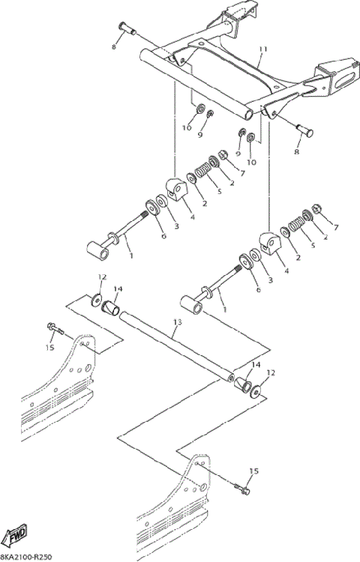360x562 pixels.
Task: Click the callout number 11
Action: point(262,50)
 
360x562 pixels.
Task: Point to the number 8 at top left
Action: point(115,46)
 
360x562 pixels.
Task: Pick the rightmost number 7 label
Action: point(336,226)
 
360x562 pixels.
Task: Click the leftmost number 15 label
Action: point(49,347)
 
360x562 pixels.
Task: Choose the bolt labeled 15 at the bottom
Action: point(241,491)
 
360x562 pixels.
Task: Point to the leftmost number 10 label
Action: point(187,128)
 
